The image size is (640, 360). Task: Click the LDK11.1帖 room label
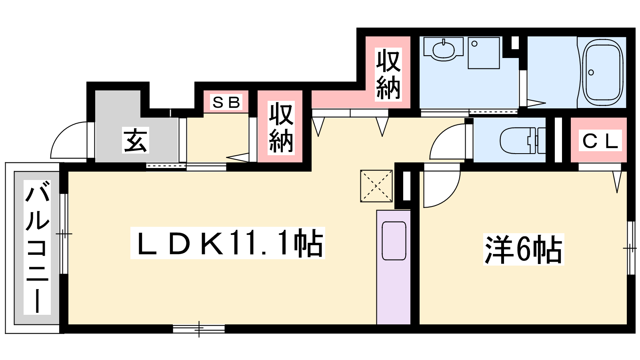tap(228, 243)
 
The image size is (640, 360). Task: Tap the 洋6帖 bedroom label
tap(524, 250)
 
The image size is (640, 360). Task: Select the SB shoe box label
tap(226, 102)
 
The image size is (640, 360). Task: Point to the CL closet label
tap(600, 140)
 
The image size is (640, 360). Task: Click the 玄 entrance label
tap(136, 140)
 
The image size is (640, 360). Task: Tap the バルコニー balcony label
tap(37, 248)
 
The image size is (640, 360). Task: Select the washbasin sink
tap(443, 50)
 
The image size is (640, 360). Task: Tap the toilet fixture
tap(522, 140)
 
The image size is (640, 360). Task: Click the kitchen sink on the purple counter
tap(394, 240)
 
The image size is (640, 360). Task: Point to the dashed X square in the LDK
tap(376, 186)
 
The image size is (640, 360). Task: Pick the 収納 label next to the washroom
tap(388, 74)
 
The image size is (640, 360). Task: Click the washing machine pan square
tap(484, 53)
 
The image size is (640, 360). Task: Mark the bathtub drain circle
tap(591, 72)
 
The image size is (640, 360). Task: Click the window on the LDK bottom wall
tap(199, 329)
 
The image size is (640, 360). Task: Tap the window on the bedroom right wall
tap(631, 248)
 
